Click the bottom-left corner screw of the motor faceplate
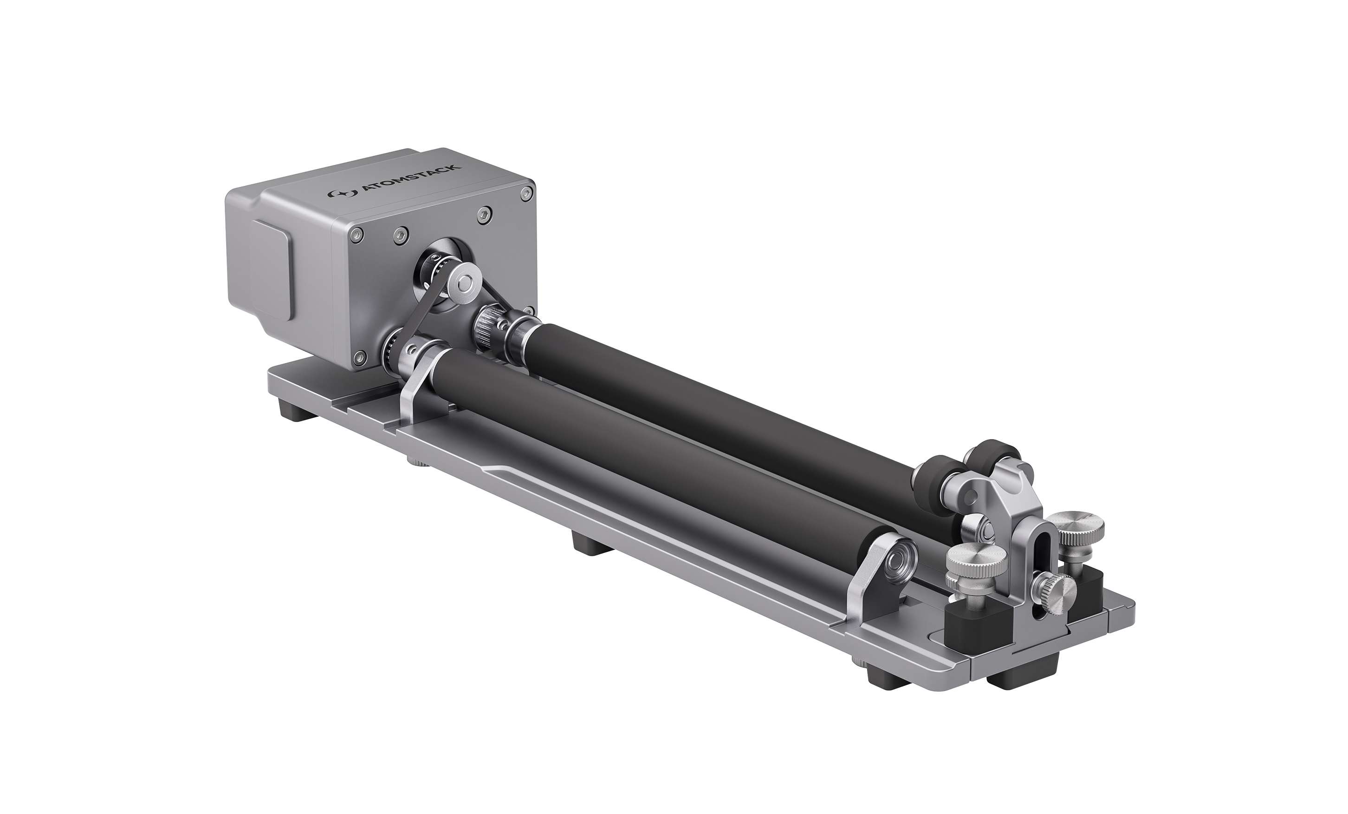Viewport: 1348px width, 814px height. click(x=358, y=357)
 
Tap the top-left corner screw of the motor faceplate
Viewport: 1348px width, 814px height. click(x=356, y=235)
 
